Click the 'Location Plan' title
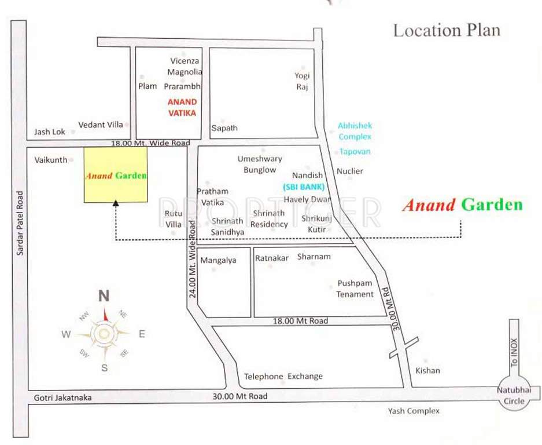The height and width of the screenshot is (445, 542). pos(447,31)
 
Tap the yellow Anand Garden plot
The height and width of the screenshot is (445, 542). pos(116,175)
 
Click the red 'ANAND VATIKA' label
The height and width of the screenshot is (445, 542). pos(182,107)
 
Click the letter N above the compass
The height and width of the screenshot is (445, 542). pos(104,296)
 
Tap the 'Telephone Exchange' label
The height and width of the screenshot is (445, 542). pos(283,377)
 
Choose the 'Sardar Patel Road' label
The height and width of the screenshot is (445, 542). pos(21,223)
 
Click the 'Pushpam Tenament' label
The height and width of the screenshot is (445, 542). pos(355,289)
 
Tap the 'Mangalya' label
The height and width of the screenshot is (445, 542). pos(218,261)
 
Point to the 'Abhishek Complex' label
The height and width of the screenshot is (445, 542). pos(355,131)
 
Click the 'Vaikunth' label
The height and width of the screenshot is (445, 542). pos(51,159)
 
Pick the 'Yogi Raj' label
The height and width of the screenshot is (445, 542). pos(302,82)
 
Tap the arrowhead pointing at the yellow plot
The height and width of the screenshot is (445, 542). pos(116,203)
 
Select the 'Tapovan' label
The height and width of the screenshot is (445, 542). pos(355,152)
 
